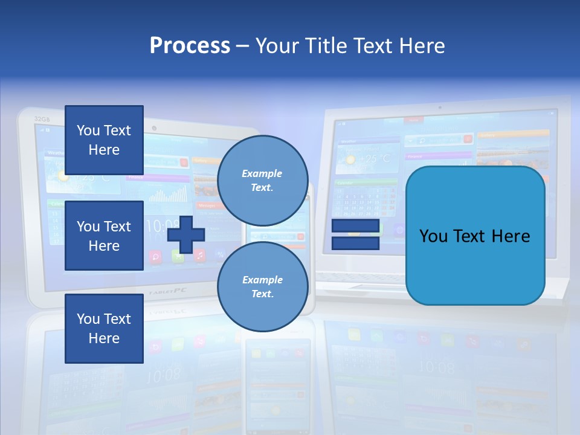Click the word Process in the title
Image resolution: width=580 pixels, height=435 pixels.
click(x=190, y=45)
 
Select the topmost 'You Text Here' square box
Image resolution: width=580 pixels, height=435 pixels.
click(x=104, y=140)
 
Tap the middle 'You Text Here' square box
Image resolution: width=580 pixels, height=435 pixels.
click(x=104, y=236)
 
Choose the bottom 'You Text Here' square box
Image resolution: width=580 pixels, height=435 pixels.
click(x=104, y=329)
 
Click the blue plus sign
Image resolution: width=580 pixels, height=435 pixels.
click(x=186, y=234)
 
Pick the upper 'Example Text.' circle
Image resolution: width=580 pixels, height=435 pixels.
click(x=262, y=181)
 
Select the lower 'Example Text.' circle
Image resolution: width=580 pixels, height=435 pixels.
click(x=262, y=286)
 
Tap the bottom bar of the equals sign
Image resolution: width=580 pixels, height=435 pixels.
click(x=355, y=243)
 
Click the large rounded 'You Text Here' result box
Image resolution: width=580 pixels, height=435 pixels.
click(x=475, y=236)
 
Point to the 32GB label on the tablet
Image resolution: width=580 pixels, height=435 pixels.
click(x=42, y=119)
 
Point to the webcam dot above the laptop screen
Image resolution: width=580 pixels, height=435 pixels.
click(x=439, y=107)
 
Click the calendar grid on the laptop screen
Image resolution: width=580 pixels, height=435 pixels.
click(x=366, y=201)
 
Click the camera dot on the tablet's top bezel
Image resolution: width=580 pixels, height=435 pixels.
click(x=155, y=129)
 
